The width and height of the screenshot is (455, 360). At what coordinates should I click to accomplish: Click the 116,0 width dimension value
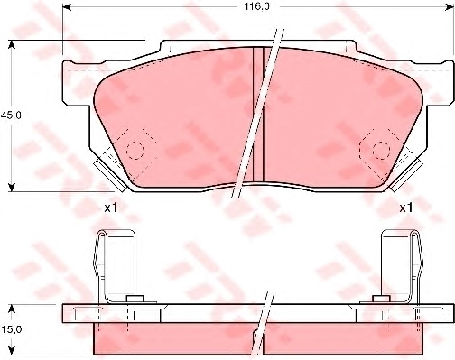pyautogui.click(x=253, y=6)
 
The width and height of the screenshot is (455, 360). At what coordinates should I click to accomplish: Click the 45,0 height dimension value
pyautogui.click(x=11, y=115)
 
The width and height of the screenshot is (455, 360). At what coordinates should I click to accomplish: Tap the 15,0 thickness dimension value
pyautogui.click(x=11, y=330)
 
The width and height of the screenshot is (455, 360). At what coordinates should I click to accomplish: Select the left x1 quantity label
pyautogui.click(x=110, y=208)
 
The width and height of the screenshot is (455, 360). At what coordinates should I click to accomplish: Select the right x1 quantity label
pyautogui.click(x=406, y=208)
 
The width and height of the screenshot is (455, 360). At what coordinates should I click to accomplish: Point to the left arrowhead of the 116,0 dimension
pyautogui.click(x=67, y=6)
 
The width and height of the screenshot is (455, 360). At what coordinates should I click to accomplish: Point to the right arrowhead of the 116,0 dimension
pyautogui.click(x=450, y=6)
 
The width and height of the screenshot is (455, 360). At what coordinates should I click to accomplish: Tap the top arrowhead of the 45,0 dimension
pyautogui.click(x=12, y=44)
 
